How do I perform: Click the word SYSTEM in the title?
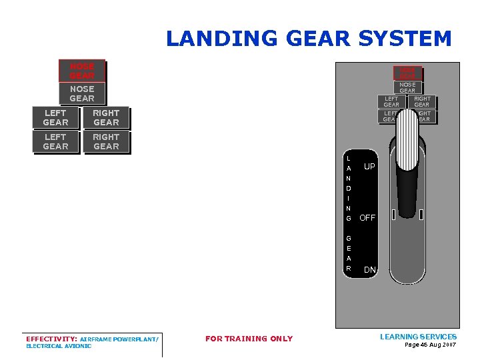point(405,39)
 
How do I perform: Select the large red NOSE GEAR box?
point(82,71)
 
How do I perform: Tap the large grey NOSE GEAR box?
point(82,93)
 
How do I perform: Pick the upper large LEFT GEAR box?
point(55,118)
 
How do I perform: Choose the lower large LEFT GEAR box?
point(55,142)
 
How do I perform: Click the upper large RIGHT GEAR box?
point(106,118)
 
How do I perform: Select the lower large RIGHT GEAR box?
point(106,142)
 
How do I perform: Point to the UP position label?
point(369,167)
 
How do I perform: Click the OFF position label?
point(367,218)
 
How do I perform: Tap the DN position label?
point(369,270)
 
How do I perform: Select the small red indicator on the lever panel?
point(407,72)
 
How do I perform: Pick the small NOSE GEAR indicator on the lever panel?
point(407,87)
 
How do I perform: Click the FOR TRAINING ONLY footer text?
point(249,339)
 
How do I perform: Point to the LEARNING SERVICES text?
point(418,337)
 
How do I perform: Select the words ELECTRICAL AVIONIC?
point(59,346)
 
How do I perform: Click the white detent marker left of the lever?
point(394,215)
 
